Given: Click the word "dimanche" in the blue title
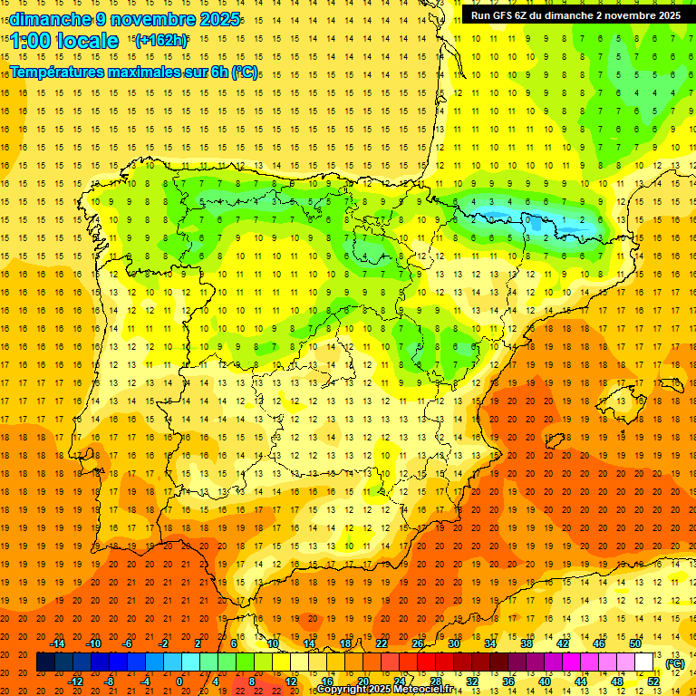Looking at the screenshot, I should tap(49, 19).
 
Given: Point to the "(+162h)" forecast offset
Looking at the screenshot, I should tap(160, 40).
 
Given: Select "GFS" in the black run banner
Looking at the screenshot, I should tap(514, 15).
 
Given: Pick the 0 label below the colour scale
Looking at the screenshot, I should tap(179, 681).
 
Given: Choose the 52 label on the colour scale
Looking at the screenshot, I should tap(652, 681).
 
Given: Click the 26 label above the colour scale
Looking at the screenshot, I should tap(418, 643).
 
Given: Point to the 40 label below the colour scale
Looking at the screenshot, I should tap(544, 681).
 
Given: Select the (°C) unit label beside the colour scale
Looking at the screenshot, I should tap(674, 663).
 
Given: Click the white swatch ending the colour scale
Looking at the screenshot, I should tap(643, 662).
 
